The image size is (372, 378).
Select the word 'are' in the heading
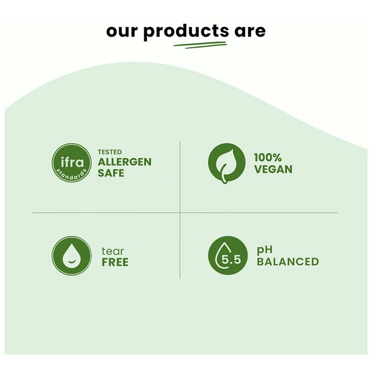[250, 31]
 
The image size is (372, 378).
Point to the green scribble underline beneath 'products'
[200, 45]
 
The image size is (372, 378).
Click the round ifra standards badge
[72, 163]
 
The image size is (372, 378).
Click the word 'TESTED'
[110, 152]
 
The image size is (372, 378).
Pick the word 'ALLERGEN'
[125, 162]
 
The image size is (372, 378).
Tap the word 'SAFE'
[111, 173]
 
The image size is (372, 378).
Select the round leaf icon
[226, 163]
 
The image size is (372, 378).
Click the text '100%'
[268, 158]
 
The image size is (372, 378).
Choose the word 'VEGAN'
[273, 169]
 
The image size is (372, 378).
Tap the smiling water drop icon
[72, 255]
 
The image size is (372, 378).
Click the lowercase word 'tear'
[113, 251]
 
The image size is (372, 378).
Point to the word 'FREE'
[115, 262]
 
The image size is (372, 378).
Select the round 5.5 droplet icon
[228, 255]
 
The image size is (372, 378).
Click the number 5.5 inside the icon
[231, 260]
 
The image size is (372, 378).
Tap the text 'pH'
[265, 250]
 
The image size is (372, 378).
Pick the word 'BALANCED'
[288, 261]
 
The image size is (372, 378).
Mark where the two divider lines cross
[180, 213]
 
